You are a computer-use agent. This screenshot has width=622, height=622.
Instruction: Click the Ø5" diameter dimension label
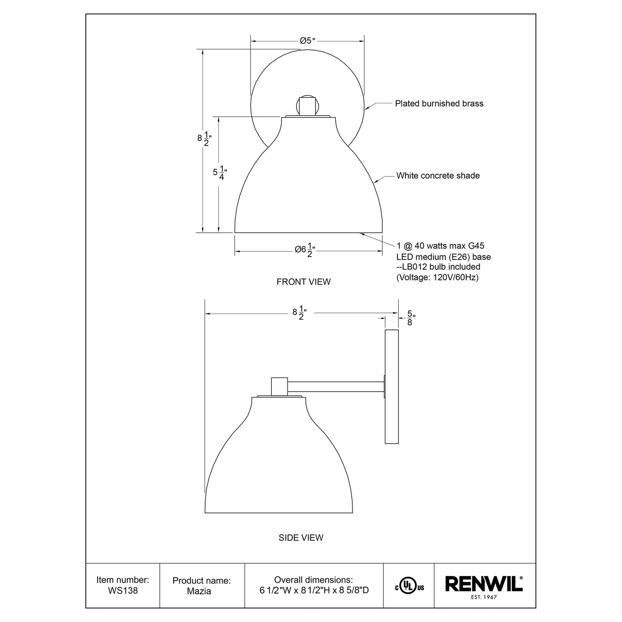(308, 40)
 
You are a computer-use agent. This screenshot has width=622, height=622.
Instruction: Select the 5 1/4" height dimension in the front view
(220, 172)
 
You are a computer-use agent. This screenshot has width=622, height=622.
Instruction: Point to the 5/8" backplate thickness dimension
(411, 318)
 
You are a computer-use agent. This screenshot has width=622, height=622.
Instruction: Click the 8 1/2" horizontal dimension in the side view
(299, 313)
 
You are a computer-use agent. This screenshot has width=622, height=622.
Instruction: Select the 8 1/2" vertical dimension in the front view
(204, 138)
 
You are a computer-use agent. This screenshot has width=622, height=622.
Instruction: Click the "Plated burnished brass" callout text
(439, 103)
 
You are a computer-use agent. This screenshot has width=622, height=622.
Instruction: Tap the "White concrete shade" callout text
(438, 175)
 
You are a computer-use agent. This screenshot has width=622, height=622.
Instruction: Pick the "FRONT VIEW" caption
(303, 282)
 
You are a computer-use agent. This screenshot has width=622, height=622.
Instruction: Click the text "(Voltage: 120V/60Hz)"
(437, 277)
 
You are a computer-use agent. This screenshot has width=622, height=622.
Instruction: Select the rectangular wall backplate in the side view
(392, 386)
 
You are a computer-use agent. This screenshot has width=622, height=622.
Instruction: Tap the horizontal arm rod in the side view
(336, 387)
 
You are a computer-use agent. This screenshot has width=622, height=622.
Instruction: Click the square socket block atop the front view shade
(307, 106)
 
